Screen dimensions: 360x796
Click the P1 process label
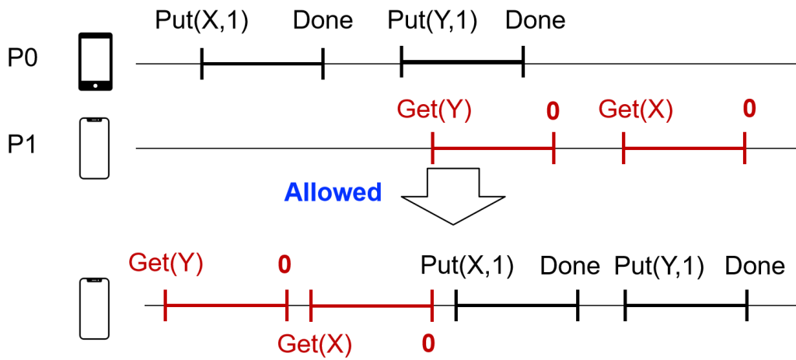(x=24, y=146)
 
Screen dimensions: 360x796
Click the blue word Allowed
(x=333, y=192)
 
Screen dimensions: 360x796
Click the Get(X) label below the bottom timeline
(x=315, y=342)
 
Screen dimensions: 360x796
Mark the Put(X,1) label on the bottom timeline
(x=466, y=266)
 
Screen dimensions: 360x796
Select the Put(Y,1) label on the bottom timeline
(x=659, y=266)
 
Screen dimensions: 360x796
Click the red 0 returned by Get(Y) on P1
(x=553, y=111)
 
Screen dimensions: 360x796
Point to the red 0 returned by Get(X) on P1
(x=749, y=108)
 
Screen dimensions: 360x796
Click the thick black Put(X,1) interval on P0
(x=262, y=63)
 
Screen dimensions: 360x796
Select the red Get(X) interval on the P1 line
(x=684, y=148)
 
